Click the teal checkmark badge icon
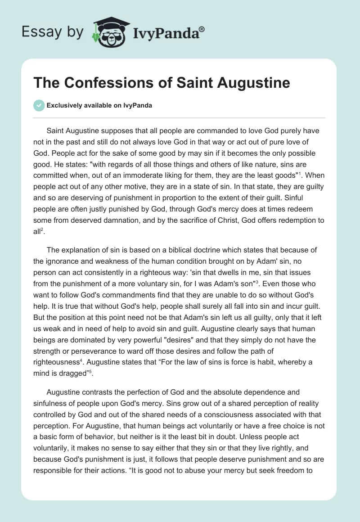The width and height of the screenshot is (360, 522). coord(39,105)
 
